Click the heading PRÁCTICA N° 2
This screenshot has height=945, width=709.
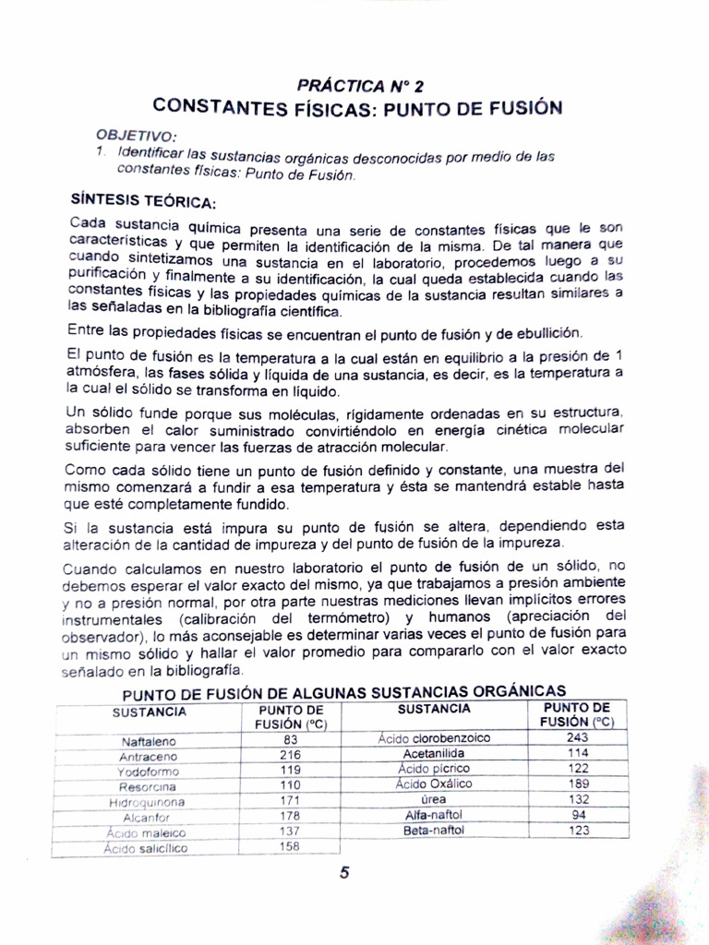(x=360, y=86)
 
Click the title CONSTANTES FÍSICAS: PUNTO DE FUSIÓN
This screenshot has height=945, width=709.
(x=357, y=107)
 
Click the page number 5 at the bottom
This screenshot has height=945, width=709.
(x=343, y=874)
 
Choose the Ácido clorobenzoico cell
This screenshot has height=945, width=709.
(x=434, y=738)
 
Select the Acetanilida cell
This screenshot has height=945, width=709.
(x=434, y=753)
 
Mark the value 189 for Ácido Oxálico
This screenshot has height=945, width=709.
(x=578, y=784)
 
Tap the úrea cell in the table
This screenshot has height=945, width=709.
(x=434, y=799)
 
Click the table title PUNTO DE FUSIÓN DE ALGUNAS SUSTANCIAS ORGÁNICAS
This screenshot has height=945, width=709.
(x=344, y=692)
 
